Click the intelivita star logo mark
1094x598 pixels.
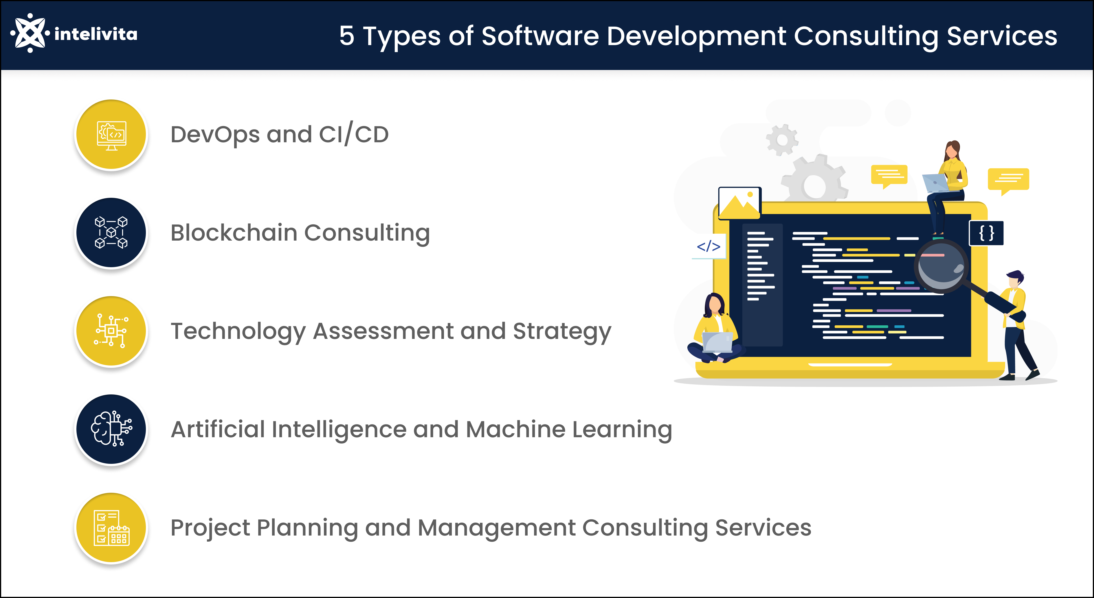pos(30,33)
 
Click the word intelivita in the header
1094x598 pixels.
pos(96,34)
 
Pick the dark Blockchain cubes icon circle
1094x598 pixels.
pos(111,232)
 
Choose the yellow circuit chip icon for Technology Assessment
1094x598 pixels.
pos(111,331)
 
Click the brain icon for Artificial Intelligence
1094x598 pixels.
pos(111,429)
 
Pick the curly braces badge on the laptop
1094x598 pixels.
pos(986,233)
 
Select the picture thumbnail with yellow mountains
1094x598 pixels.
pos(739,203)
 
